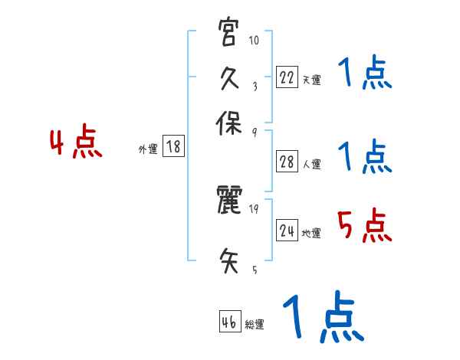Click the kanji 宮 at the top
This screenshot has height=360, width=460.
click(x=228, y=35)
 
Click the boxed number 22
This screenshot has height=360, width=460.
click(x=286, y=77)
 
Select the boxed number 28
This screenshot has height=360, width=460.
click(x=286, y=162)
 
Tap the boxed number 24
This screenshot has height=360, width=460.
click(x=286, y=231)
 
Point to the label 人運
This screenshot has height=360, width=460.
click(x=311, y=164)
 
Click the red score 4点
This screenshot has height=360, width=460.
click(x=75, y=144)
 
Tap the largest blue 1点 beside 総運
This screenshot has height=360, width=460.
click(x=322, y=316)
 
